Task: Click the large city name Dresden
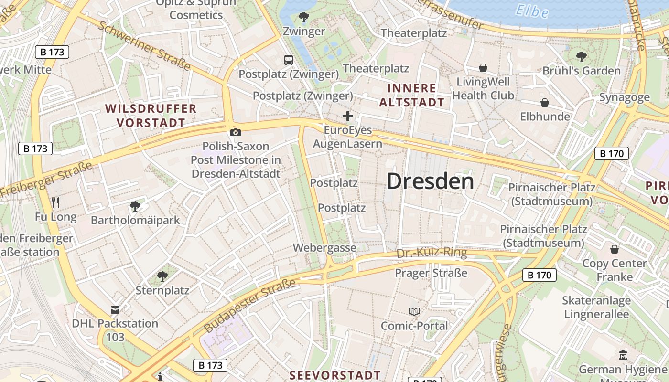click(x=430, y=181)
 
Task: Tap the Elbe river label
click(x=532, y=10)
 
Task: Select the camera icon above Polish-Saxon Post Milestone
click(x=235, y=132)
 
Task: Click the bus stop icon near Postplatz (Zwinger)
click(x=289, y=60)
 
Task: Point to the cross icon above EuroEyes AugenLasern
click(x=348, y=116)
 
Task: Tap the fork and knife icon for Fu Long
click(x=55, y=202)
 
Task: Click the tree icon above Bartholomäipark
click(x=135, y=206)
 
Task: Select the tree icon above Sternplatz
click(x=162, y=276)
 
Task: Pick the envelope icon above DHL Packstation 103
click(x=115, y=309)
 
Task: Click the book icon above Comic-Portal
click(x=414, y=312)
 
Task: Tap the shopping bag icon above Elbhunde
click(x=544, y=103)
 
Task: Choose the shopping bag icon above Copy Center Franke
click(x=615, y=249)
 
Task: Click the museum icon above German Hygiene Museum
click(x=623, y=355)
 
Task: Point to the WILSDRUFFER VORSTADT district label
click(x=151, y=116)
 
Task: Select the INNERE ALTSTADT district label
click(x=416, y=95)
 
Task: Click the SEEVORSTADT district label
click(x=335, y=375)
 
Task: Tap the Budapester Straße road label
click(x=250, y=306)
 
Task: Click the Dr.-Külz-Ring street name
click(x=432, y=252)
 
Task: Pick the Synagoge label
click(x=625, y=97)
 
